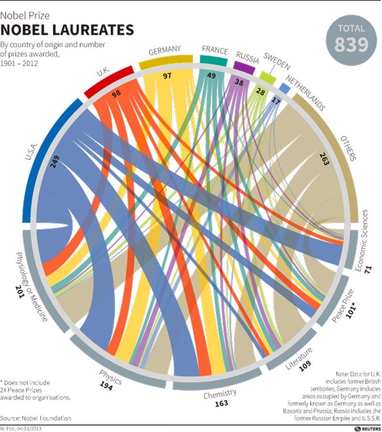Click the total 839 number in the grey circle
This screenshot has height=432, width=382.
click(x=351, y=44)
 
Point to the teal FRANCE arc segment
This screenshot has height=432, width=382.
click(x=213, y=59)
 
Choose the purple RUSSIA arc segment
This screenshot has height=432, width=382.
click(x=244, y=67)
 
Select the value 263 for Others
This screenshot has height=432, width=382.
click(x=325, y=160)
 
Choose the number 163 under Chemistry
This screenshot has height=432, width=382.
click(x=222, y=404)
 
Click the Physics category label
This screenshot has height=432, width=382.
click(x=110, y=376)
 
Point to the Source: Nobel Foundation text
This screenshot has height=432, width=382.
click(x=36, y=418)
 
